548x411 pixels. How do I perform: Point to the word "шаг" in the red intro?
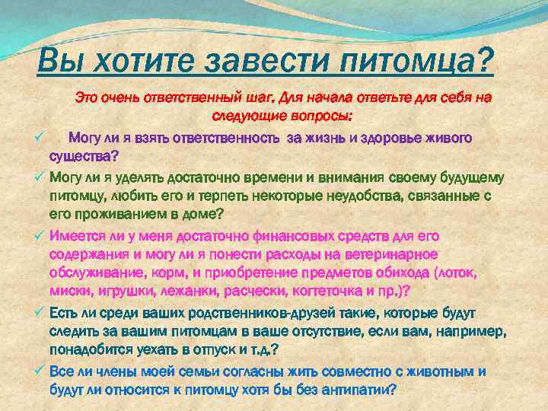pos(258,98)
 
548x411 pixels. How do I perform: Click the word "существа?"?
pos(84,158)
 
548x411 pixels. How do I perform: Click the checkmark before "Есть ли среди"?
pos(40,312)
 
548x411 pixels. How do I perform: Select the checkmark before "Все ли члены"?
pos(40,371)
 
